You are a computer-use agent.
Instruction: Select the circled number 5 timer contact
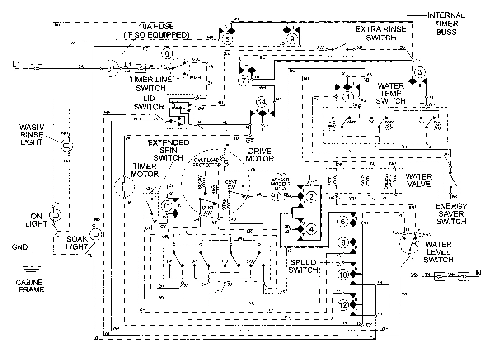pyautogui.click(x=229, y=39)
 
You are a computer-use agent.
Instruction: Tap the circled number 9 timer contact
pyautogui.click(x=292, y=39)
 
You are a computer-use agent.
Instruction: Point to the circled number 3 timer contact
pyautogui.click(x=419, y=72)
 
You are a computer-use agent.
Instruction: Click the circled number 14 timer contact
pyautogui.click(x=261, y=101)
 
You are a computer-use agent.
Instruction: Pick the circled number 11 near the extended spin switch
pyautogui.click(x=167, y=205)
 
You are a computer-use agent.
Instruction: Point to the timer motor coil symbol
pyautogui.click(x=124, y=188)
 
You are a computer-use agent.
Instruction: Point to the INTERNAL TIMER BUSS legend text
pyautogui.click(x=446, y=24)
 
